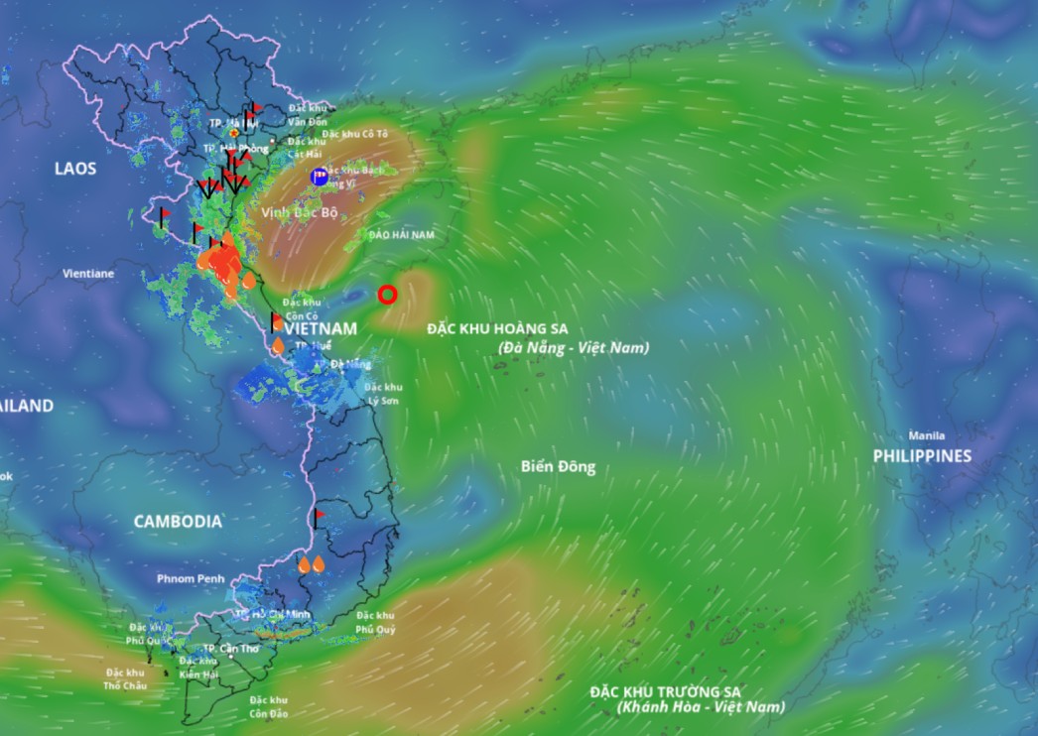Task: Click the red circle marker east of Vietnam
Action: (387, 295)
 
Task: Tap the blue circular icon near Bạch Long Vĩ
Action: (320, 177)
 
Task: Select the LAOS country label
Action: (75, 169)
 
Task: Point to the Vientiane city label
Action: (88, 273)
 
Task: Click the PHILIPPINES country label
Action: (922, 455)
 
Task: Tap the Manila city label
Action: (926, 435)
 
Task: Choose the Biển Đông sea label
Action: (558, 466)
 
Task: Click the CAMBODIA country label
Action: (178, 521)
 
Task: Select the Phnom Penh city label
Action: (191, 578)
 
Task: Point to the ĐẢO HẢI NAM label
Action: (401, 235)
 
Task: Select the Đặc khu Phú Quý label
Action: (375, 622)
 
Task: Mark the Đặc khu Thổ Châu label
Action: (124, 678)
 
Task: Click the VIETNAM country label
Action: (321, 327)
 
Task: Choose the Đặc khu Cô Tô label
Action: (355, 133)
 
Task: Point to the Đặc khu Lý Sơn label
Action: (383, 393)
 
